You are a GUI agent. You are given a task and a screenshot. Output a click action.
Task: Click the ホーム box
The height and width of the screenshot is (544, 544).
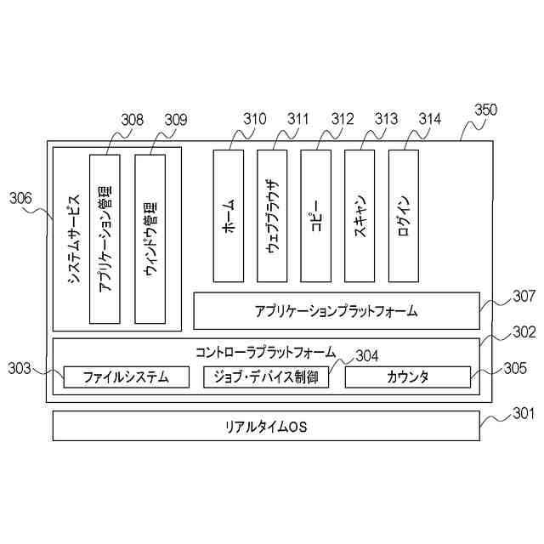tap(228, 216)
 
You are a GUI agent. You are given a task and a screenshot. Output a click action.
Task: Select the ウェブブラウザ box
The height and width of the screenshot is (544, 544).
tap(271, 216)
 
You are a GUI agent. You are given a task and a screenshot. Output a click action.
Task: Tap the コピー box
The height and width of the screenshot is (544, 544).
tap(315, 216)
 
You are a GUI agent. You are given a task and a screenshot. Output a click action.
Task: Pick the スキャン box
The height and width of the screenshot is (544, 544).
tap(360, 216)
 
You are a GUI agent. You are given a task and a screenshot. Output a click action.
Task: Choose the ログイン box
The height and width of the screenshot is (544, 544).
tap(404, 216)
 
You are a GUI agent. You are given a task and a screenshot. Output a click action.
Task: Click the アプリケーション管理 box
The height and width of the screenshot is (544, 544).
tap(105, 239)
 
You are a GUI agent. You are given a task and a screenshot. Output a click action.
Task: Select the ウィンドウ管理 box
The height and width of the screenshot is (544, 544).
tap(150, 239)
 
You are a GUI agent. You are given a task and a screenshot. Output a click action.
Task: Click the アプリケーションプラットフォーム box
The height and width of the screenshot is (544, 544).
tap(337, 311)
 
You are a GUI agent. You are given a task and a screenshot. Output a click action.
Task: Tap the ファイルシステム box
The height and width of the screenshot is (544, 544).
tap(126, 377)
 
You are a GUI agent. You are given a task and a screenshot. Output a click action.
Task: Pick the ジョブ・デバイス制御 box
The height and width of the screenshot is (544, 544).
tap(266, 377)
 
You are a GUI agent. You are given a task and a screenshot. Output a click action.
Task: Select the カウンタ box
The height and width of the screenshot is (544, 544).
tap(408, 377)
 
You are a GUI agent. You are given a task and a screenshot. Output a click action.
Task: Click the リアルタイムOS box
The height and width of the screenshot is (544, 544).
tap(266, 425)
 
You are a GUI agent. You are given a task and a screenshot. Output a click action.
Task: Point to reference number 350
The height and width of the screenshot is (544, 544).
tap(485, 110)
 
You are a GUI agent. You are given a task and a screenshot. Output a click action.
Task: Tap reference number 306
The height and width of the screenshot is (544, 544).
tap(21, 199)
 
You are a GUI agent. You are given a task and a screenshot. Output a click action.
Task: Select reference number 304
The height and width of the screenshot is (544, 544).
tap(367, 355)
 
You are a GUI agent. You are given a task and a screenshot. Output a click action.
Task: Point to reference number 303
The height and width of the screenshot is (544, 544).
tap(20, 368)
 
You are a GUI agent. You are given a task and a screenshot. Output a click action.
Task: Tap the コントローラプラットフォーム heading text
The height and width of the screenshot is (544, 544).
tap(266, 351)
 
